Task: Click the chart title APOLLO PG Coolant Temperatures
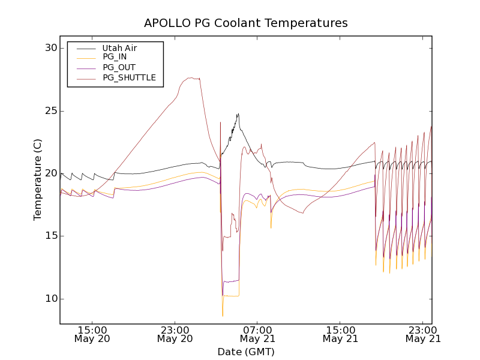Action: click(x=245, y=23)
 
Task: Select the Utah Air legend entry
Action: click(x=119, y=48)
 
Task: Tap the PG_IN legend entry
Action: click(x=115, y=58)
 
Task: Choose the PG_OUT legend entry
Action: click(x=118, y=68)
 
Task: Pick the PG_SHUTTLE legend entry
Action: click(x=129, y=77)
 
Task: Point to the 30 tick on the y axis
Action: click(x=50, y=48)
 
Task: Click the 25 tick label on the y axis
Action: click(x=50, y=111)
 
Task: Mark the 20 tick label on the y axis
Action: click(x=50, y=173)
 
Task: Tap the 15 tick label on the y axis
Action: click(x=50, y=236)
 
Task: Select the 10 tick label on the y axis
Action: click(x=50, y=299)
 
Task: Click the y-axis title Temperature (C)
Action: click(x=38, y=179)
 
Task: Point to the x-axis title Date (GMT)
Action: click(x=245, y=352)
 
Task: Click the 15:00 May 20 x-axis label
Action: click(x=92, y=334)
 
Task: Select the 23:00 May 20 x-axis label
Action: click(x=175, y=334)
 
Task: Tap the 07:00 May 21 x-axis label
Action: click(x=257, y=334)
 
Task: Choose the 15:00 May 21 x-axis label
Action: click(x=340, y=334)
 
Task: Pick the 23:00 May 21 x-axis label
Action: click(x=422, y=334)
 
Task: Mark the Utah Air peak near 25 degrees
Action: click(x=238, y=114)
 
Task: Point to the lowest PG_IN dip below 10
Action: click(x=223, y=316)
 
